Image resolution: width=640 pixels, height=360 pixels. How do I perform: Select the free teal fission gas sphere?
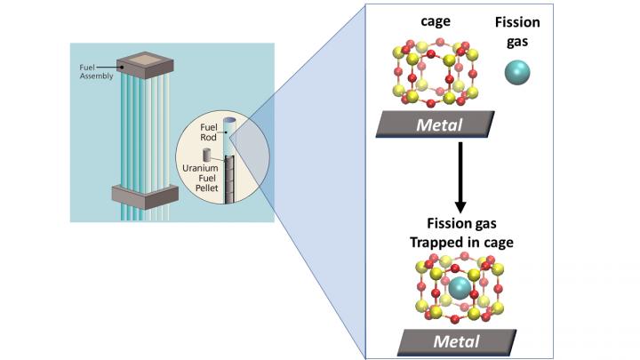pyautogui.click(x=517, y=72)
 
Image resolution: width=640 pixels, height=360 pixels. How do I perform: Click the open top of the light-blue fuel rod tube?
pyautogui.click(x=229, y=122)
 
